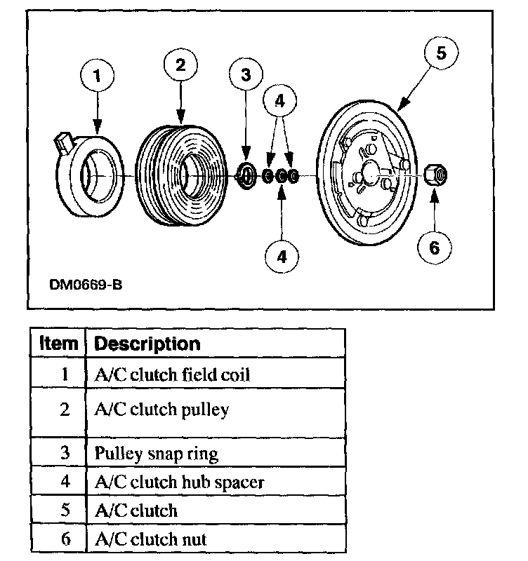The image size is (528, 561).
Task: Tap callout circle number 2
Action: click(181, 65)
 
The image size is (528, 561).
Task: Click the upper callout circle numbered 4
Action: click(281, 101)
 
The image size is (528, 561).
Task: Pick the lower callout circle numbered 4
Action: click(282, 256)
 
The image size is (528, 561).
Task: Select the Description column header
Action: click(147, 344)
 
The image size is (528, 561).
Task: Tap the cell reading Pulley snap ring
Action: click(156, 453)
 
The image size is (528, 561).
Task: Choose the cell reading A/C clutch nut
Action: click(150, 539)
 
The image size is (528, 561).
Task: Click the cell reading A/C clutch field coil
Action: click(172, 374)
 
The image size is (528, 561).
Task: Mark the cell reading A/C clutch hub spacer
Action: click(179, 482)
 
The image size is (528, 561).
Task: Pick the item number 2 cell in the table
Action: click(65, 410)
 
